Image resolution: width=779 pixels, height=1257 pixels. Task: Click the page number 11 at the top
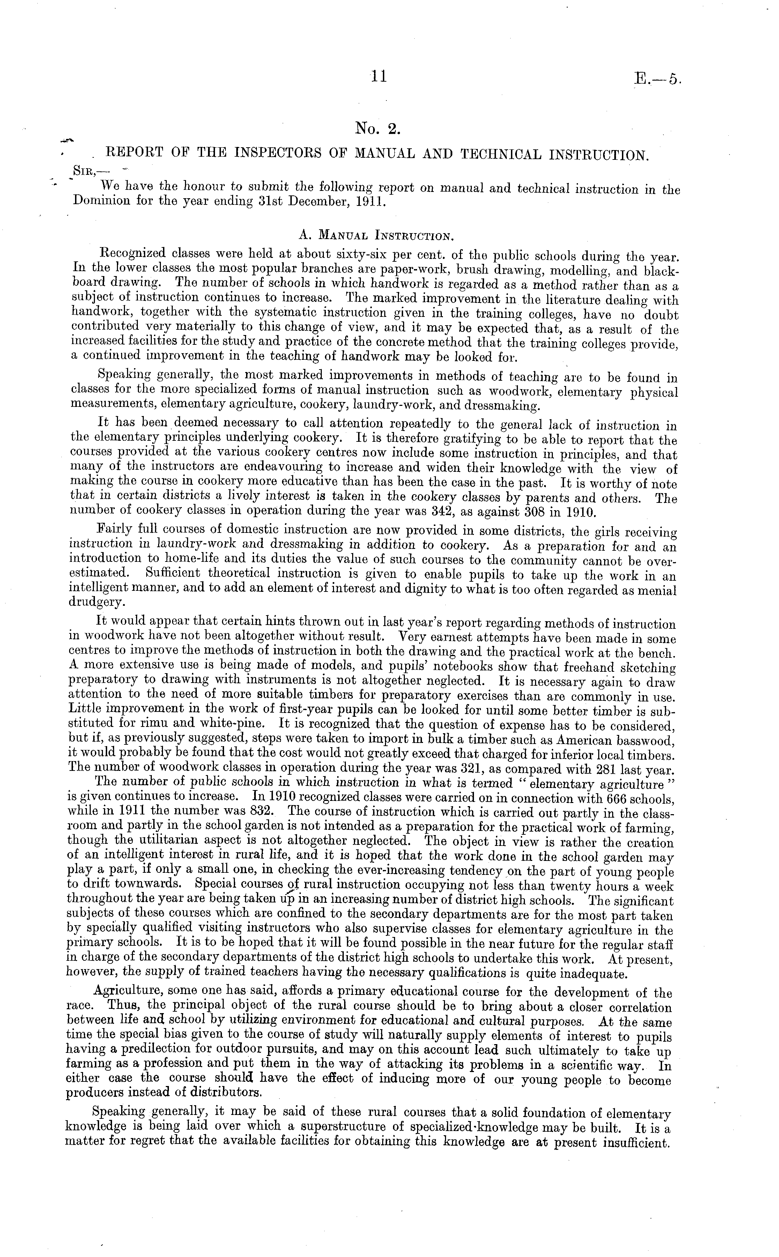(x=378, y=77)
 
